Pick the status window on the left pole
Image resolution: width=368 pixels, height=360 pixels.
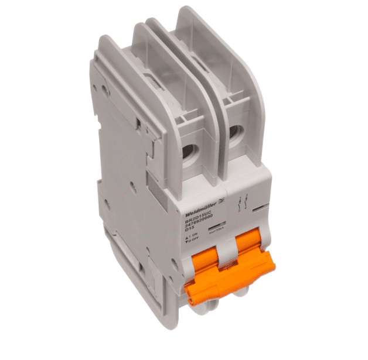[216, 224]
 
